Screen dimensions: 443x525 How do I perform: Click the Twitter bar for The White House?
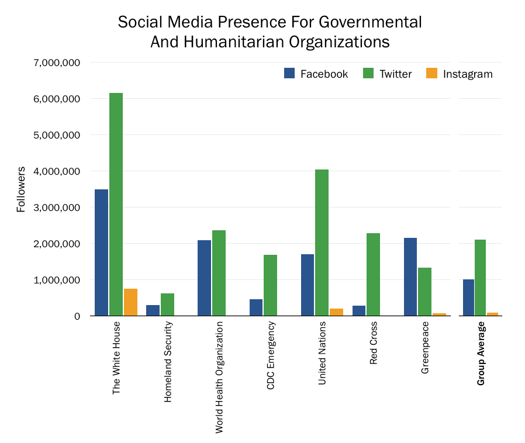pos(116,205)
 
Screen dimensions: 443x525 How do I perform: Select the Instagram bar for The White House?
pos(130,302)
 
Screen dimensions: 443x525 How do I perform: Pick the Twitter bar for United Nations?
pos(322,243)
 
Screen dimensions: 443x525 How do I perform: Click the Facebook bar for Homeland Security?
pos(153,310)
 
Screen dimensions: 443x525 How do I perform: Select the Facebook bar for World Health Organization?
pos(204,278)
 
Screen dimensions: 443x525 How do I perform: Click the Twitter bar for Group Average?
pos(480,278)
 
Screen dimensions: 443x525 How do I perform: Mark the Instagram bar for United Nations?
pos(336,312)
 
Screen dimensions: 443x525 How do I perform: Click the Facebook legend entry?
pos(316,74)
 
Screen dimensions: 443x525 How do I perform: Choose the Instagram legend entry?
pos(459,74)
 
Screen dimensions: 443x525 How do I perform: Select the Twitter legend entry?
pos(388,74)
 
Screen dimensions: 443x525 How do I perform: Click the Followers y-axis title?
pos(21,189)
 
